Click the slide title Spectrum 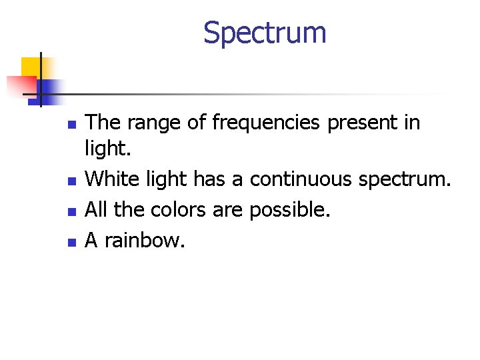click(265, 33)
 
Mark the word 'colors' click(179, 210)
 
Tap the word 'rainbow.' click(143, 240)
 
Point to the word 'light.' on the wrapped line click(107, 149)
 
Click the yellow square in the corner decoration click(31, 67)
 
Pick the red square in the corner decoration click(20, 85)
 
